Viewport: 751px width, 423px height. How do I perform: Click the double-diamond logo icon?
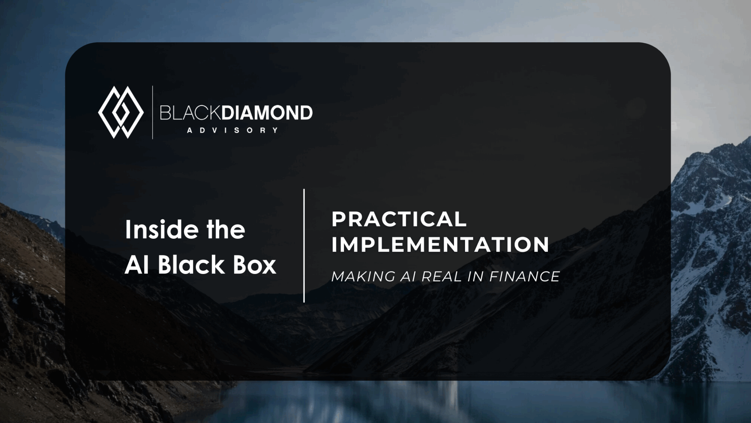pos(121,112)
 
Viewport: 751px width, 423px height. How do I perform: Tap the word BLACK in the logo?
pos(190,113)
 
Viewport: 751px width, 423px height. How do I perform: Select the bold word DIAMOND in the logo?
pos(267,113)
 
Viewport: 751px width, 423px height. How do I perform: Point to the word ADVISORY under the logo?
pos(233,130)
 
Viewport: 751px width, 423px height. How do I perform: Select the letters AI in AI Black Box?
pos(137,264)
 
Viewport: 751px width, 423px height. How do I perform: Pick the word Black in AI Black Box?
pos(191,264)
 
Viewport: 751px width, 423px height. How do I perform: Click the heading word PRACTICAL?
pos(399,219)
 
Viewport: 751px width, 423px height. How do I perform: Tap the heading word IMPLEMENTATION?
pos(440,245)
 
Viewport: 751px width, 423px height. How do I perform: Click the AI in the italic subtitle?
pos(408,276)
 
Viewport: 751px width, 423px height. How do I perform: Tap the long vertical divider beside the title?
pos(304,246)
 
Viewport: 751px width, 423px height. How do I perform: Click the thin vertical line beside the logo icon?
pos(153,112)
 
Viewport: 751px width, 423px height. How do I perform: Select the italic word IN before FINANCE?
pos(476,276)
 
